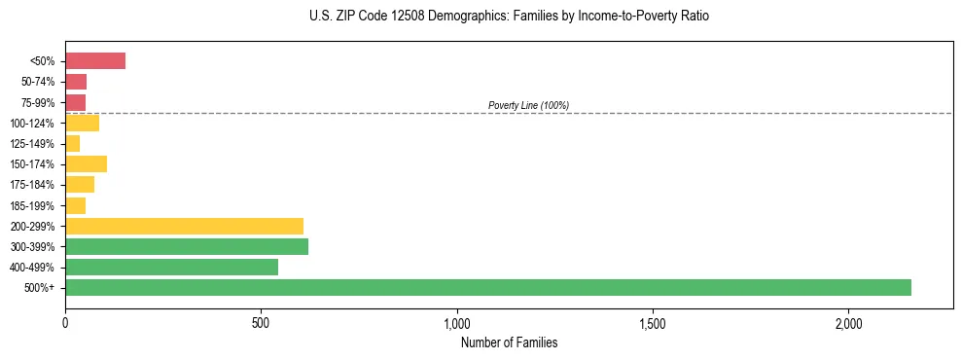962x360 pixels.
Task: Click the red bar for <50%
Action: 95,61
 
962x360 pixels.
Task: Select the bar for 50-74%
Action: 76,82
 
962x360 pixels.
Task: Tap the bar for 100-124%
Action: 82,123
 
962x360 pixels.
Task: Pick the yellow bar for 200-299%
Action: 184,226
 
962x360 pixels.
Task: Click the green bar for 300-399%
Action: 187,246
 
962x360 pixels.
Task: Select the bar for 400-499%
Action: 171,267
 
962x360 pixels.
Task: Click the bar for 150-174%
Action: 86,163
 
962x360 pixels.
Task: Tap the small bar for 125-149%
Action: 72,143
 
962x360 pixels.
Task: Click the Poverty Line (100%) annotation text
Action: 528,105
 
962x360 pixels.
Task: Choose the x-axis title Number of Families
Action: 509,342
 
